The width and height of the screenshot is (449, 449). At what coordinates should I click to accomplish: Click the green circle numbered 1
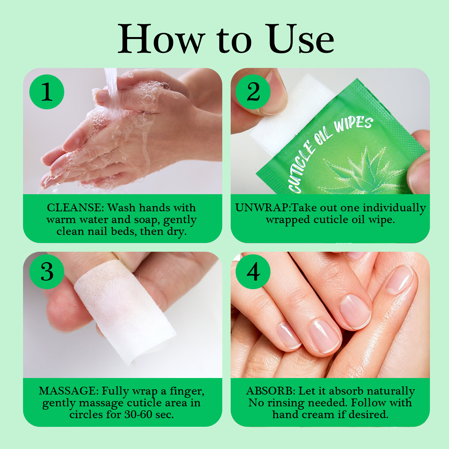pyautogui.click(x=47, y=92)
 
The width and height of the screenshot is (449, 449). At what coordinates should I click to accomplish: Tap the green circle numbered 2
pyautogui.click(x=253, y=92)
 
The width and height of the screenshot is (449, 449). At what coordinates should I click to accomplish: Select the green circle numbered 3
pyautogui.click(x=47, y=272)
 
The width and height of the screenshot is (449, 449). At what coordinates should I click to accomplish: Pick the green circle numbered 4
pyautogui.click(x=253, y=272)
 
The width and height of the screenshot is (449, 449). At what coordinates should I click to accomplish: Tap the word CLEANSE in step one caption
pyautogui.click(x=75, y=208)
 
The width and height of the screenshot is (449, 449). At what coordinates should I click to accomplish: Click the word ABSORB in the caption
pyautogui.click(x=271, y=391)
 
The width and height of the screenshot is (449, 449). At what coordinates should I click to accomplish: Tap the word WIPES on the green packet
pyautogui.click(x=354, y=125)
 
